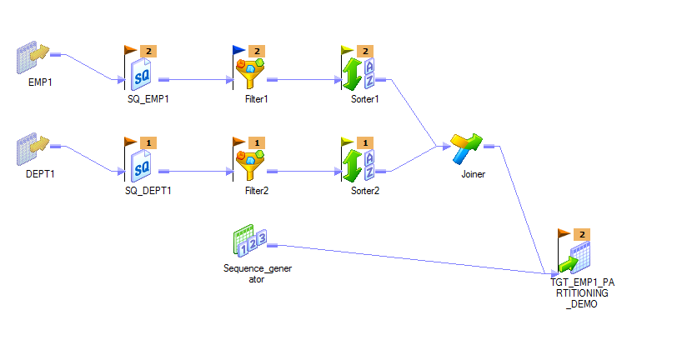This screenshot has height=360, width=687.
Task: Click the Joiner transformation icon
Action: coord(467,149)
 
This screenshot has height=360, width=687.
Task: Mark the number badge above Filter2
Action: coord(258,142)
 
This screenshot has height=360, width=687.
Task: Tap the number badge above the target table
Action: coord(583,234)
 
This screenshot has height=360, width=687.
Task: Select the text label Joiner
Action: coord(473,175)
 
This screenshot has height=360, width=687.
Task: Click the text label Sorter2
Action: coord(365,191)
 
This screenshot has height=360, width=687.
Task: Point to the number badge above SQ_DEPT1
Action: coord(148,142)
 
